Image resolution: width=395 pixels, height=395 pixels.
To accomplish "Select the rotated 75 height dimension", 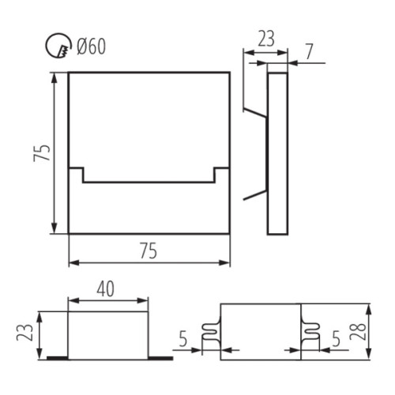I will click(x=45, y=152).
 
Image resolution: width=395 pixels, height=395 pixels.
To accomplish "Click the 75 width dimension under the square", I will click(x=149, y=251).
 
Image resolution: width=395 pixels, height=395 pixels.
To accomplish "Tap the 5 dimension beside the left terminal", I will click(x=183, y=340).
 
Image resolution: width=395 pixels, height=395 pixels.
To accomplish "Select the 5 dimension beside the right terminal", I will click(x=335, y=340).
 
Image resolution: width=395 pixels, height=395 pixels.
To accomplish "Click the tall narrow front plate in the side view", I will click(x=277, y=154).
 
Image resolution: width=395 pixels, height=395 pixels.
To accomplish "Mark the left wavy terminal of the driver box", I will click(x=211, y=335).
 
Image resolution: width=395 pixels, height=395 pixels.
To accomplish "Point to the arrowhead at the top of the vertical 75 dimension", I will click(x=55, y=77).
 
